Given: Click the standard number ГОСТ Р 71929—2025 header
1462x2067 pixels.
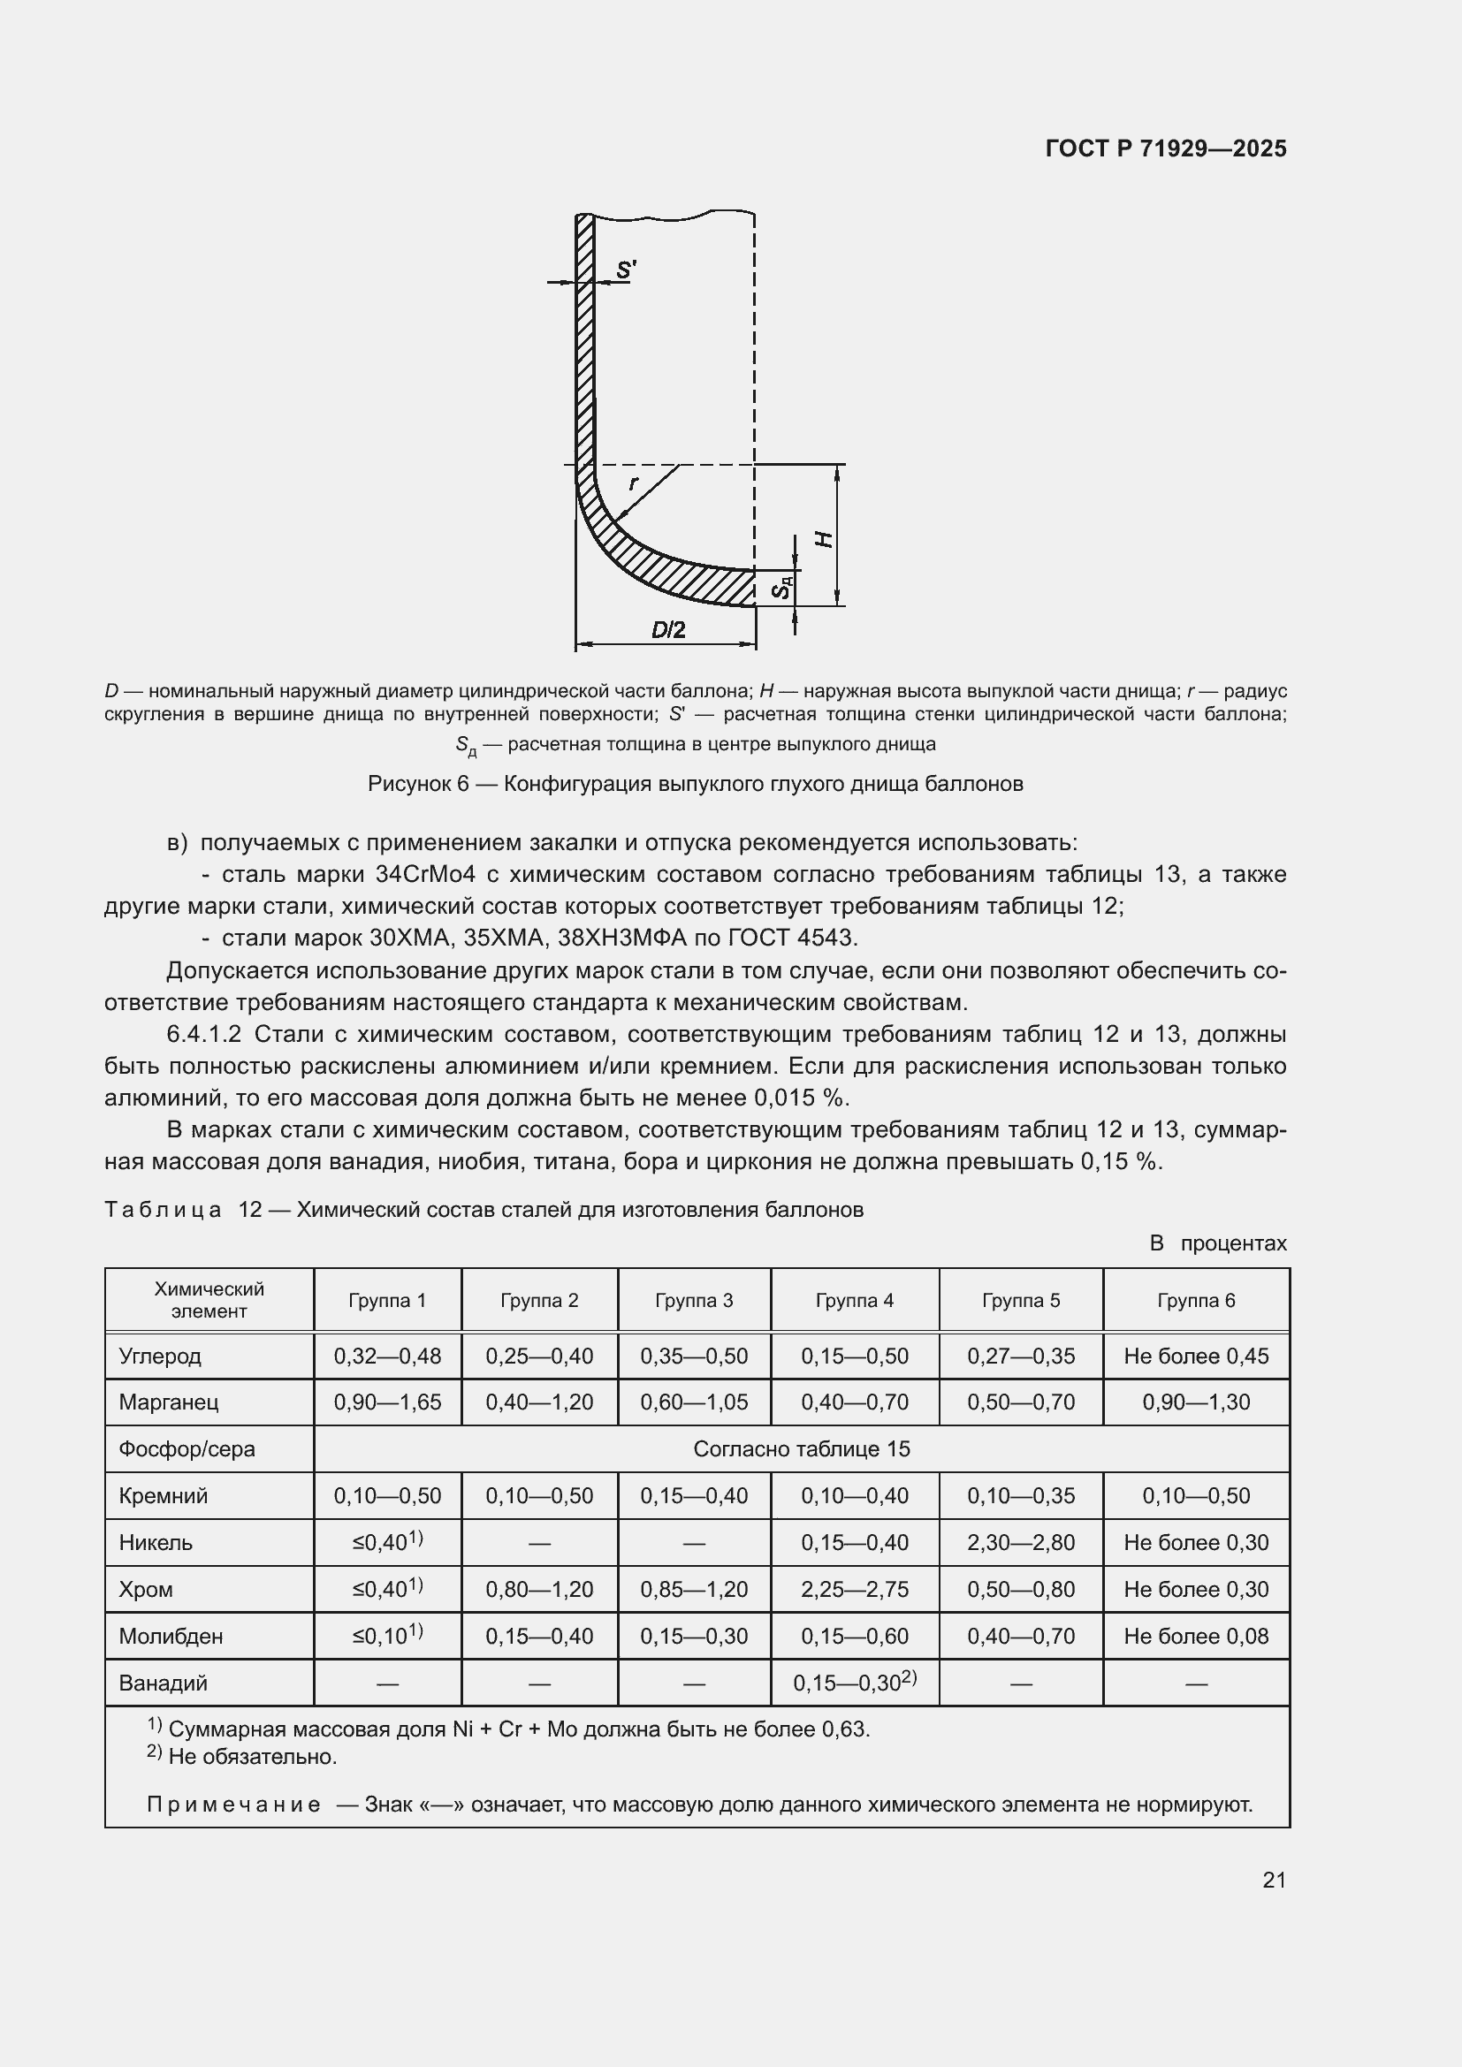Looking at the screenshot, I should (1165, 148).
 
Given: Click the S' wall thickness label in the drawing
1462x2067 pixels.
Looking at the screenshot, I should (626, 270).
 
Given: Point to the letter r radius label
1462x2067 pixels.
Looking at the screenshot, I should (633, 483).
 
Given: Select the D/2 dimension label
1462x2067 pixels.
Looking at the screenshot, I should (668, 629).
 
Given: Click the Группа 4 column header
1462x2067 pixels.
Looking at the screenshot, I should (854, 1300).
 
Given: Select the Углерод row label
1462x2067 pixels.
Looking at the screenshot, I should (160, 1356).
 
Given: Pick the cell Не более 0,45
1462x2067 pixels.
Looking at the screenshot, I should (1196, 1356).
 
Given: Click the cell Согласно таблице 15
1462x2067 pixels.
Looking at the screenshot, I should (801, 1448).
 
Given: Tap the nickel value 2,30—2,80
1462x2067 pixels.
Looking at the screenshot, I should (1020, 1542).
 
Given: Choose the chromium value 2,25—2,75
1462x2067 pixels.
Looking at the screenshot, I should (854, 1589).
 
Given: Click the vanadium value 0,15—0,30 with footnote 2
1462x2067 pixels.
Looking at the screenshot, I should (854, 1683).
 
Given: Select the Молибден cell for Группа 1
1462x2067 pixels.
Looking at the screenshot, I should (387, 1635).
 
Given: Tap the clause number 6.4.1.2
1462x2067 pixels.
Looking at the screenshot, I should (203, 1034).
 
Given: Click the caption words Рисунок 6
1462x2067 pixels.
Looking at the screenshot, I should (418, 784).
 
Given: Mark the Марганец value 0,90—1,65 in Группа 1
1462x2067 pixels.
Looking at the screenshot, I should (387, 1402).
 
